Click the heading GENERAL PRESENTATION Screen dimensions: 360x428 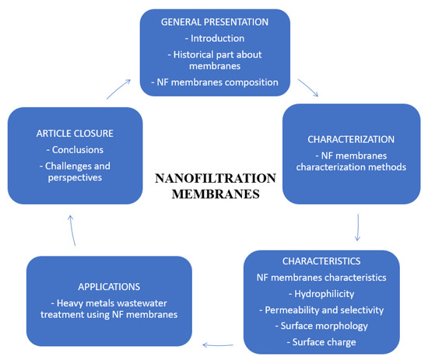pyautogui.click(x=216, y=23)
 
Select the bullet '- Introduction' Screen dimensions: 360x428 pyautogui.click(x=216, y=39)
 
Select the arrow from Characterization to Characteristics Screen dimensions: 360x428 pyautogui.click(x=357, y=227)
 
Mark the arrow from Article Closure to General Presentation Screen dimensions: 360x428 pyautogui.click(x=121, y=87)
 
